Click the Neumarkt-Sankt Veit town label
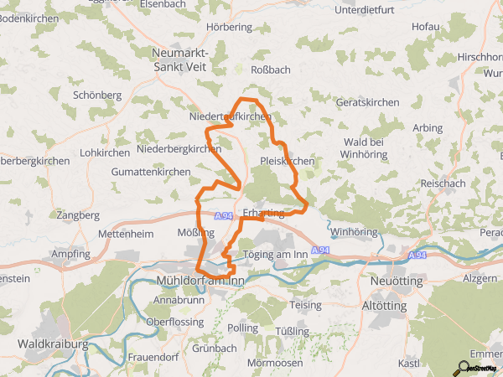pos(179,59)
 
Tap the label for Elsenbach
pos(163,4)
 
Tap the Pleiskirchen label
pos(288,160)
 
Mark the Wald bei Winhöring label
pos(366,148)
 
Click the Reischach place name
pos(443,183)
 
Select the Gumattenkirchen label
pos(151,171)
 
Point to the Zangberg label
pos(79,215)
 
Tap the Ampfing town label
pos(71,253)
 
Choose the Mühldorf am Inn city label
pos(200,281)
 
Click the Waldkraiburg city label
pos(54,343)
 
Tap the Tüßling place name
pos(292,331)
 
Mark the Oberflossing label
pos(174,322)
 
